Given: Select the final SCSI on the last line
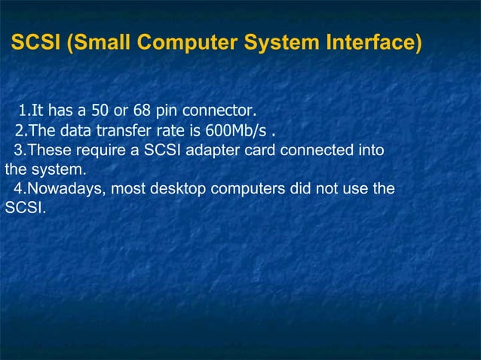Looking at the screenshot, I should pyautogui.click(x=25, y=206).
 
